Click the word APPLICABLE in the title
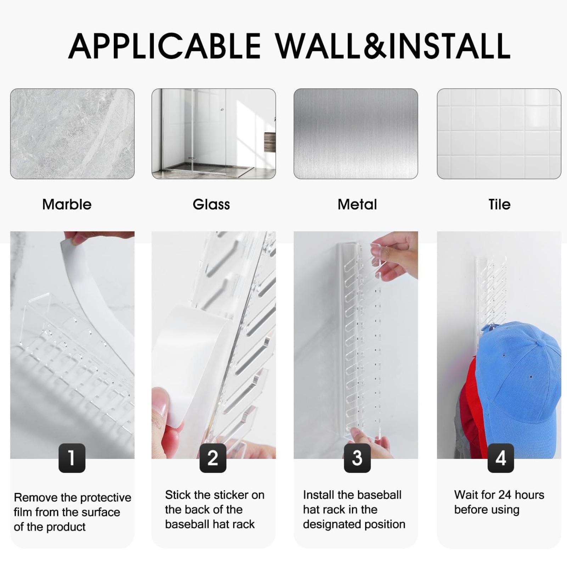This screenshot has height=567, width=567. (x=164, y=46)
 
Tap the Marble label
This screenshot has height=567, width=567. (x=67, y=204)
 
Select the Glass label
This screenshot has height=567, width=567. (x=211, y=204)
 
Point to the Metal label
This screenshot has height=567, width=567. (x=357, y=204)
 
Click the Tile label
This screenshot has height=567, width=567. (x=499, y=204)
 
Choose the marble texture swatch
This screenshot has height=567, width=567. (x=72, y=134)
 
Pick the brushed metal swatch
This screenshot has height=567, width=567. (x=356, y=134)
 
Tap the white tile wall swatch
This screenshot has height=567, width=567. (x=499, y=134)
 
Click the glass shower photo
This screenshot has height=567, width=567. (x=214, y=134)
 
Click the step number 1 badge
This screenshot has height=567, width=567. (x=72, y=458)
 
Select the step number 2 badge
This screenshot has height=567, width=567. (x=213, y=458)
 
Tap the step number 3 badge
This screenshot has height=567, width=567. (x=357, y=458)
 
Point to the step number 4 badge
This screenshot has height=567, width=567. (x=501, y=458)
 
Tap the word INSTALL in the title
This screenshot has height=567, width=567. (x=450, y=46)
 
